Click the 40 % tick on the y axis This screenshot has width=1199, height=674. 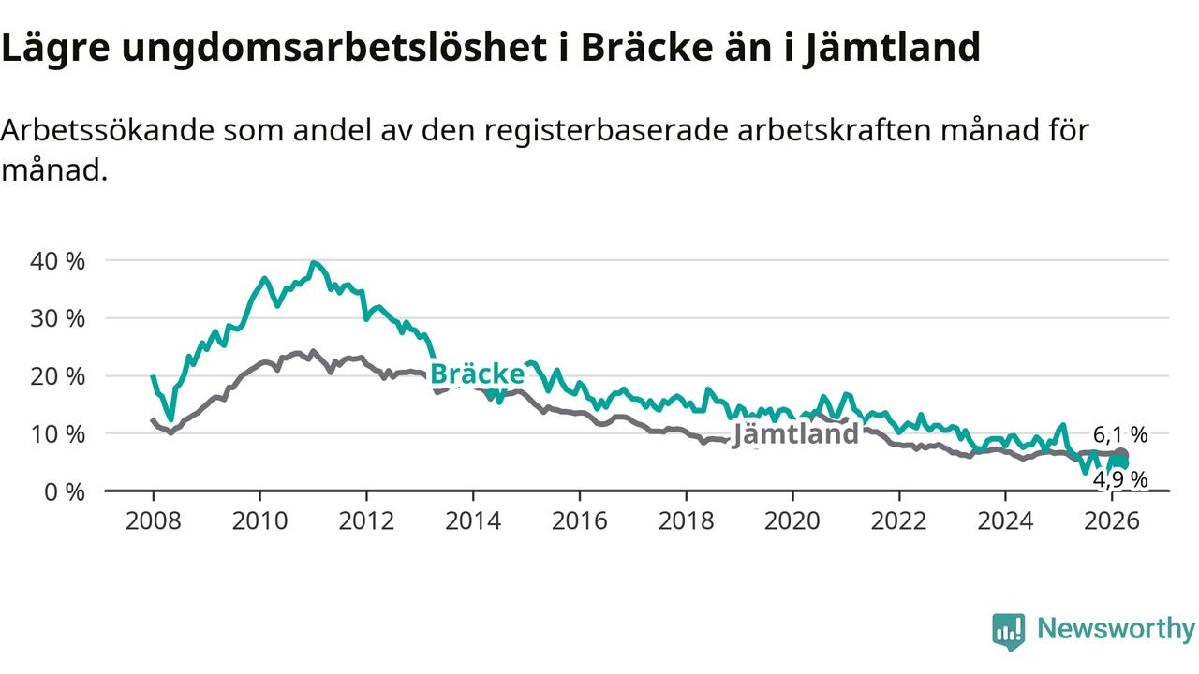[x=57, y=261]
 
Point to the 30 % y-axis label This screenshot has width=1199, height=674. [x=57, y=318]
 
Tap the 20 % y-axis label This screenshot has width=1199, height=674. [x=57, y=376]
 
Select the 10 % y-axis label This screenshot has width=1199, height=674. [x=57, y=434]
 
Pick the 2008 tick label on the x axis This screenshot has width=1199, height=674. [x=154, y=520]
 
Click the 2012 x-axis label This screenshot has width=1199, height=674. [x=366, y=520]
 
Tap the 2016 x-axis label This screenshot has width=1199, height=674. [x=579, y=520]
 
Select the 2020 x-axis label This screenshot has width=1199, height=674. [x=792, y=520]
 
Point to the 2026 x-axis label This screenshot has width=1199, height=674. [x=1111, y=520]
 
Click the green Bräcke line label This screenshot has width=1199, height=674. [x=477, y=374]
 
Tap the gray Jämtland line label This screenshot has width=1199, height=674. [x=795, y=433]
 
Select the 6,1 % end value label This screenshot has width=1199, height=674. [x=1119, y=434]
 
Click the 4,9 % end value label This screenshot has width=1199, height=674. [x=1119, y=480]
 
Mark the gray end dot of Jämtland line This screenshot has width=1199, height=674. [x=1120, y=455]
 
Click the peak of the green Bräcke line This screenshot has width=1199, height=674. [x=313, y=263]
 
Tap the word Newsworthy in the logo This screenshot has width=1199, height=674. [x=1116, y=629]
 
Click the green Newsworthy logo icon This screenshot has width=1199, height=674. [x=1008, y=632]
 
